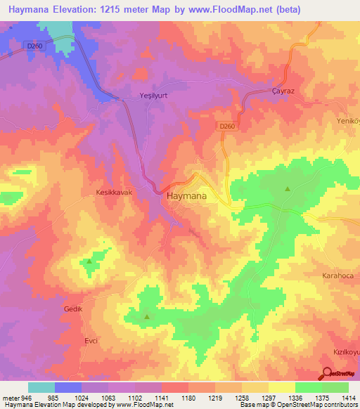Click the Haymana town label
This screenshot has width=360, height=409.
pyautogui.click(x=186, y=197)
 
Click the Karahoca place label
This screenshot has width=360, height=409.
pyautogui.click(x=340, y=276)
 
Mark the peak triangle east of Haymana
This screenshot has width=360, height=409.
pyautogui.click(x=287, y=189)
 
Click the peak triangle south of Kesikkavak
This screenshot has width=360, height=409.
pyautogui.click(x=89, y=261)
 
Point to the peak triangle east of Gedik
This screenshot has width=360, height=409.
pyautogui.click(x=147, y=317)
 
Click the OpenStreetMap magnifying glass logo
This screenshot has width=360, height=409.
pyautogui.click(x=326, y=373)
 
